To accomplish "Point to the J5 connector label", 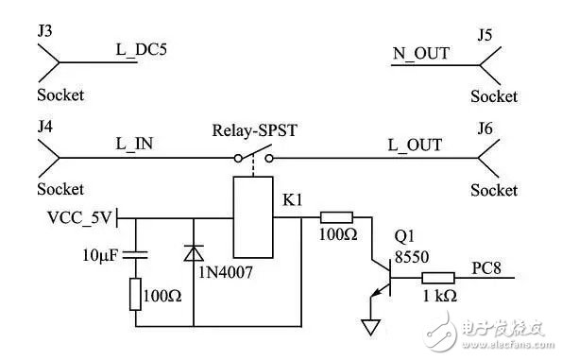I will tap(485, 35).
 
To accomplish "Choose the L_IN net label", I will tap(135, 145).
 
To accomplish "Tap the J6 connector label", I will tap(485, 129).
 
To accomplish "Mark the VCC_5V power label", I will tap(78, 218).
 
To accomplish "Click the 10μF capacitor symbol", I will tap(135, 254).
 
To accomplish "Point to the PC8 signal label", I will tap(480, 266).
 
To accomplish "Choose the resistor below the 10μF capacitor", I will tap(135, 296).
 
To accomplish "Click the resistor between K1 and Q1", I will tap(336, 217).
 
